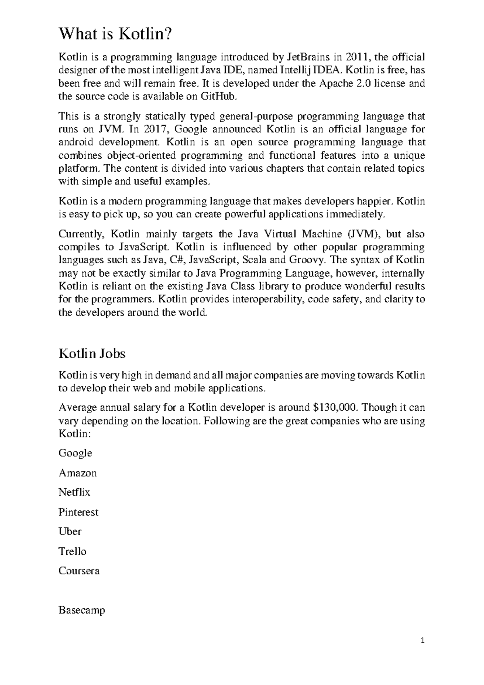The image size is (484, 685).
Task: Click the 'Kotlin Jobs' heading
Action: click(x=92, y=353)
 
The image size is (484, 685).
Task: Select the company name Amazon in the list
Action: click(x=78, y=473)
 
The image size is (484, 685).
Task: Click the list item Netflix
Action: click(x=74, y=492)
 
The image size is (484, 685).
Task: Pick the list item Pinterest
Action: click(x=78, y=512)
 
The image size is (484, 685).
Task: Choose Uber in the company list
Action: click(x=70, y=532)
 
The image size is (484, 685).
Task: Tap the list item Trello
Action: click(x=72, y=551)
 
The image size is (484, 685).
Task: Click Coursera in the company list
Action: click(x=79, y=571)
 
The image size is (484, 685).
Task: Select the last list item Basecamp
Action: click(x=82, y=610)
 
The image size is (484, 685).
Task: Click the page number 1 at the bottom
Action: click(x=422, y=640)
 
